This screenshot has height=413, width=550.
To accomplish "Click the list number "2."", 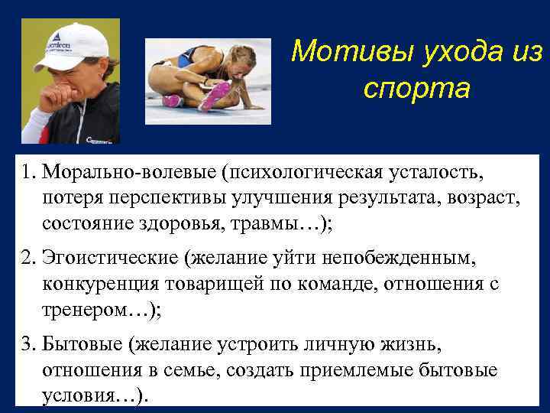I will pyautogui.click(x=28, y=259).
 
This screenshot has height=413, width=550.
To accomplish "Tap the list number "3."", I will pyautogui.click(x=28, y=343).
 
